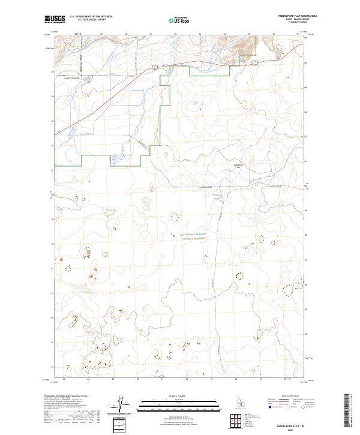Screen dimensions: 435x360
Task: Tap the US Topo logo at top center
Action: (x=178, y=20)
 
